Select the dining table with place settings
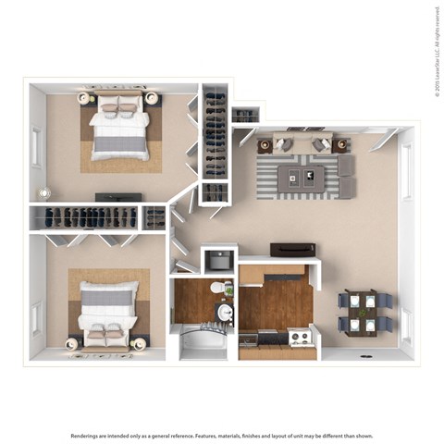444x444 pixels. tap(365, 313)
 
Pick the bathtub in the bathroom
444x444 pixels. tap(202, 346)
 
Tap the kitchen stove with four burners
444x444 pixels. tap(301, 338)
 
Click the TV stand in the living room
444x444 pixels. tap(292, 250)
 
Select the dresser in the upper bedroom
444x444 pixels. tap(118, 197)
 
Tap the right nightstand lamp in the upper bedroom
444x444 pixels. tap(151, 97)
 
